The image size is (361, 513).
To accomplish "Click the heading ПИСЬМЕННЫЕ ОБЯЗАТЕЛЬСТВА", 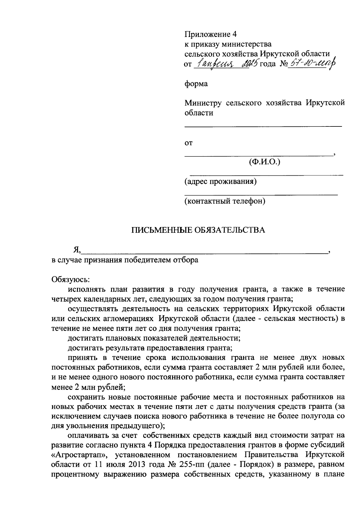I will [199, 230].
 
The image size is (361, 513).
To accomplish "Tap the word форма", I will [196, 84].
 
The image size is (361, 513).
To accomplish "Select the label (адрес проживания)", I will [221, 182].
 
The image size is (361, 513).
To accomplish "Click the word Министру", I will [203, 103].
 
